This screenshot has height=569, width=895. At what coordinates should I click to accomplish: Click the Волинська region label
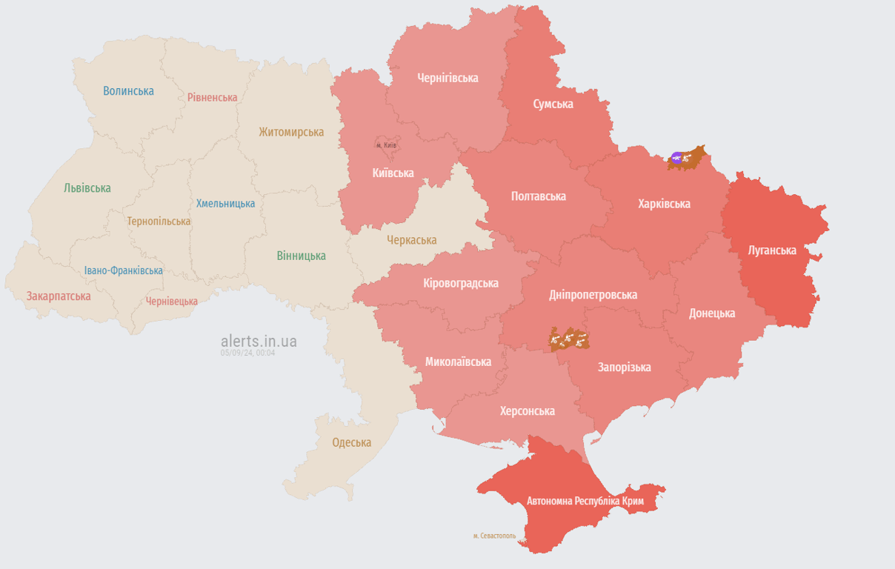point(128,91)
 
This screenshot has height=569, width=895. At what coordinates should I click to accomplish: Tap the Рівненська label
point(212,97)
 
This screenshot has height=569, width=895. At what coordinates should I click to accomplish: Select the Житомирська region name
point(291,132)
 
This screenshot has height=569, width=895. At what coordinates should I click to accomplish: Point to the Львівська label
point(87,188)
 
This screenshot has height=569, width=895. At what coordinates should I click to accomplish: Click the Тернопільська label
point(159,221)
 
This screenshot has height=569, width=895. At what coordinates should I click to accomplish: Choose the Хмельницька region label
point(225,203)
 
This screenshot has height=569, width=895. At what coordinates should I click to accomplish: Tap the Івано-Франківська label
point(123,270)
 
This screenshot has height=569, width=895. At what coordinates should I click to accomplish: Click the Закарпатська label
point(59,296)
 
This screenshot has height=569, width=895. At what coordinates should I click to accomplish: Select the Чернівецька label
point(172,301)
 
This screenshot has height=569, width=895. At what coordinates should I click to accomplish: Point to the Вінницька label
point(301,256)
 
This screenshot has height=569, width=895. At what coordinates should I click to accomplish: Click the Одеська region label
point(351,442)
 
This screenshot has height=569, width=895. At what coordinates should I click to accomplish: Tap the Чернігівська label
point(447,78)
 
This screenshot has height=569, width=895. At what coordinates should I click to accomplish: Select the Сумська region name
point(553,104)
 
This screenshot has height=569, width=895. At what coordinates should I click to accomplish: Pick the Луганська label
point(772,250)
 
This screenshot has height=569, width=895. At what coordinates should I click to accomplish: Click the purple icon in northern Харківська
point(676,157)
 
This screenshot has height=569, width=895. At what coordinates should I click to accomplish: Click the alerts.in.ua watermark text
point(259,341)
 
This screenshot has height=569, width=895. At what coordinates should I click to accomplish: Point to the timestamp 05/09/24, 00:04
point(247,353)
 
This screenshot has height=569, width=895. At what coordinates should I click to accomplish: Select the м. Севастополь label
point(494,536)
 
